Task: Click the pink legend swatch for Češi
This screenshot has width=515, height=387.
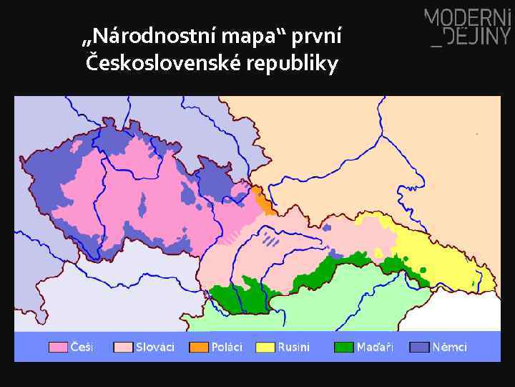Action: (58, 347)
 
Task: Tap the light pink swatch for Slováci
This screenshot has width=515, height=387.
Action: (123, 347)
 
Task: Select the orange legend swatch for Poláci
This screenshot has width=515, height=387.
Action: (198, 347)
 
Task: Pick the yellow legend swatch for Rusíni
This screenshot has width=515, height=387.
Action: (265, 347)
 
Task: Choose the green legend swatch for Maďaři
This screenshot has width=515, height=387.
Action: (344, 347)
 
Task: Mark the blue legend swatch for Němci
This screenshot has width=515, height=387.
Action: (419, 347)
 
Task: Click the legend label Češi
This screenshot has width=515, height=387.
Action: (82, 347)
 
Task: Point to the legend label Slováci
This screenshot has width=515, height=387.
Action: (155, 347)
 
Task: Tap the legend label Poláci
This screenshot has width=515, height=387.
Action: (227, 347)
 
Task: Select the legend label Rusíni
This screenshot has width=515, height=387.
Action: (294, 347)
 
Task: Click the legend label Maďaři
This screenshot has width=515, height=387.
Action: (376, 347)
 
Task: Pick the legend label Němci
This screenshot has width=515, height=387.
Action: (450, 347)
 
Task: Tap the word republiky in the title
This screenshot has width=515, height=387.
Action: (292, 64)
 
